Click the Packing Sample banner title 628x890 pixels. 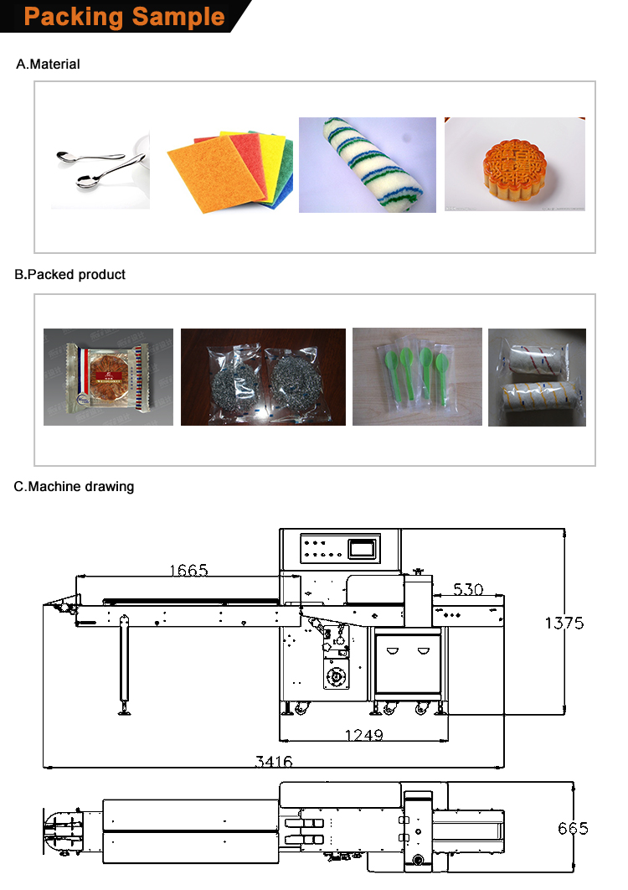124,17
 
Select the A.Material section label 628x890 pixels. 49,64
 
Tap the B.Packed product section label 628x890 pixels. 70,274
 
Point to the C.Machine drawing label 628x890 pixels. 74,486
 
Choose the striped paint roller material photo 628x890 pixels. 368,164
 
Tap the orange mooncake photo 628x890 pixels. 514,164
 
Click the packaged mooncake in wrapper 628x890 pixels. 108,376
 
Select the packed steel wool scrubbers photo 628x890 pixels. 263,376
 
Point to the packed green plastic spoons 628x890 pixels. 417,375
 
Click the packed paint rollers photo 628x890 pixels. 537,377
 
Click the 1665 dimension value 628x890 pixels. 188,571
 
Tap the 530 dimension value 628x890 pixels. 468,589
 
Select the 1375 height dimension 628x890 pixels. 564,623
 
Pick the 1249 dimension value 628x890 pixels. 363,735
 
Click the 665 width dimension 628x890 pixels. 573,828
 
